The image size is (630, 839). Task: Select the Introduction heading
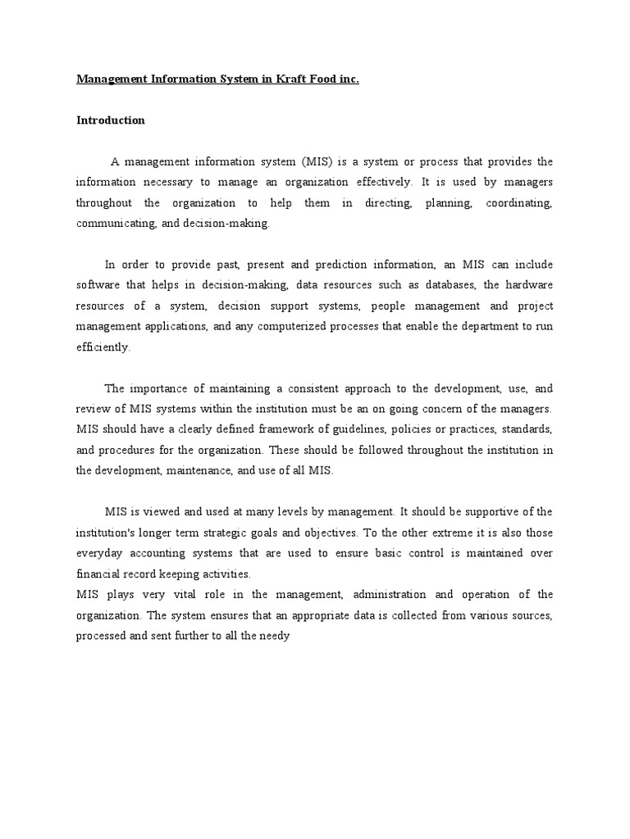tap(111, 120)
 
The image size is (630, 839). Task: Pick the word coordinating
tap(519, 202)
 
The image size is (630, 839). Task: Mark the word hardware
tap(527, 284)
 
